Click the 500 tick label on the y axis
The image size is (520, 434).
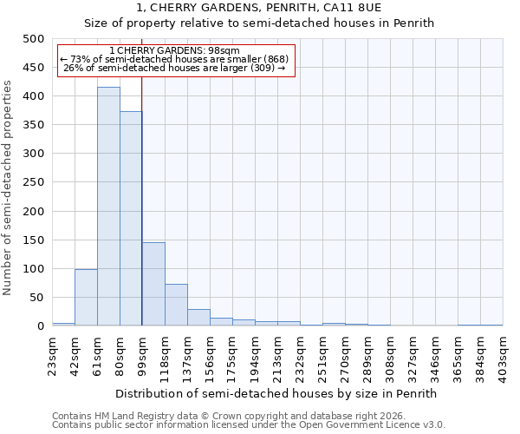coord(32,39)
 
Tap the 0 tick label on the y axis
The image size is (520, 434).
coord(40,326)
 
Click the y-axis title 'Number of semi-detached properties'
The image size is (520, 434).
coord(9,187)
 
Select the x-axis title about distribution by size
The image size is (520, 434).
coord(277,393)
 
